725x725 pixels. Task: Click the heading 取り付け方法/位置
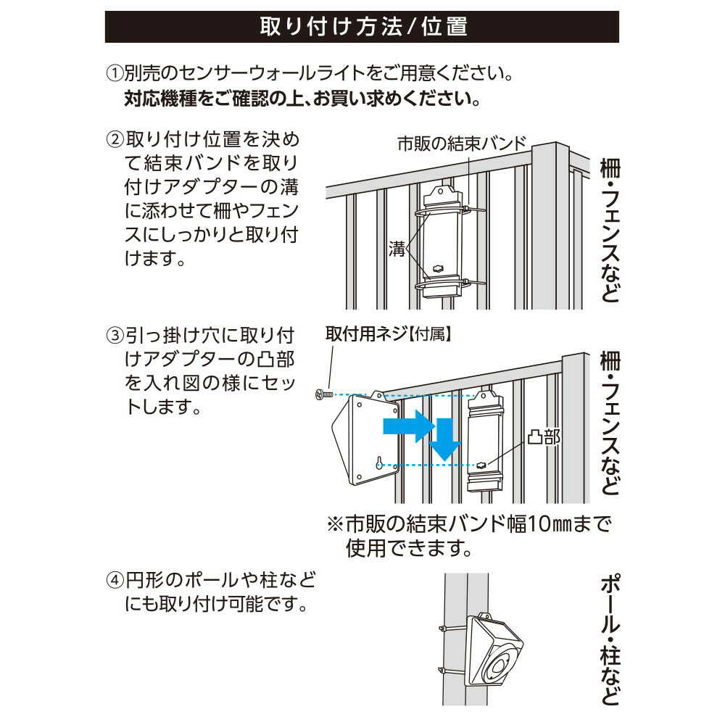(x=362, y=27)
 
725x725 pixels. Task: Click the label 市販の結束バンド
(x=461, y=143)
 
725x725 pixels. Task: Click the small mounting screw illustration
(x=323, y=394)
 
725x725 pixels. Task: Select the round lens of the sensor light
(x=502, y=666)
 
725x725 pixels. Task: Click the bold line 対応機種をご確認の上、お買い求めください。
(x=302, y=98)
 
